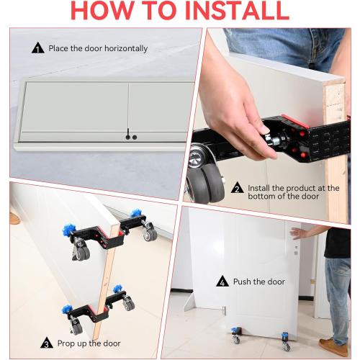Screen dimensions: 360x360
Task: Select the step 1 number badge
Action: [x=38, y=48]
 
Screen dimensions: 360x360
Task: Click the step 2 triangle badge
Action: [x=237, y=189]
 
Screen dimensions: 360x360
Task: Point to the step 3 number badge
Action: [x=47, y=343]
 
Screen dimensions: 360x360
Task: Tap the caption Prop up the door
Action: [x=92, y=343]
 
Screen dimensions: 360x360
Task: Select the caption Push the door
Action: [x=259, y=282]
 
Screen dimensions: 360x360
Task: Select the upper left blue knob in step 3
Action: [x=70, y=230]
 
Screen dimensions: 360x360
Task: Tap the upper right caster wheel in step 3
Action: [x=149, y=234]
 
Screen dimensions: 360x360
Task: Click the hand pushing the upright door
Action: [x=301, y=232]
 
